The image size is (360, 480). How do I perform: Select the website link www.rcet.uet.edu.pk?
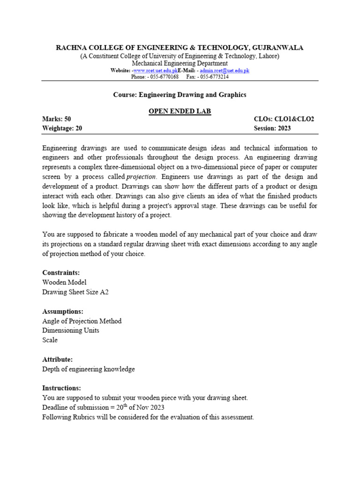point(155,70)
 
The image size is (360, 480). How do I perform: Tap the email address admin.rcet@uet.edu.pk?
point(224,70)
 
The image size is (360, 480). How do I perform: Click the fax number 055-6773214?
point(213,76)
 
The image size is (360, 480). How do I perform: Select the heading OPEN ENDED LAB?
point(180,111)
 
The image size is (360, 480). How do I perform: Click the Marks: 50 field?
point(56,119)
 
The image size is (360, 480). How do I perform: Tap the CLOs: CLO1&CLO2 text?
point(284,119)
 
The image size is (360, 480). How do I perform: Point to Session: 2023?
point(272,128)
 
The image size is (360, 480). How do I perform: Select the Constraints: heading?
point(61,272)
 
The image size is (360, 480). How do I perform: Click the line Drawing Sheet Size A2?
point(75,292)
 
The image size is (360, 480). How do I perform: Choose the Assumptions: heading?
point(63,311)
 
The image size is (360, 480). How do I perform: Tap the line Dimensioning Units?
point(70,330)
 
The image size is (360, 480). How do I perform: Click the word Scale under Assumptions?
point(50,340)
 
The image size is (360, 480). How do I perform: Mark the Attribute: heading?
point(57,360)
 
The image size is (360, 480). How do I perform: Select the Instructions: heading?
point(61,388)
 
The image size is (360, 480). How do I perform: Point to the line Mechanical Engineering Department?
point(180,63)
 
